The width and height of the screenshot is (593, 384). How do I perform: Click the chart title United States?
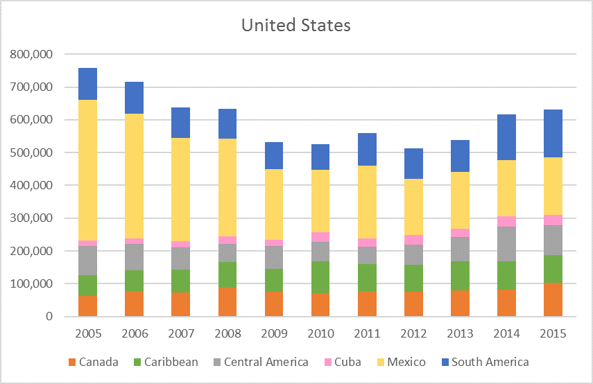(x=296, y=26)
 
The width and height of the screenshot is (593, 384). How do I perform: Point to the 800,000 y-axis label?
(x=34, y=54)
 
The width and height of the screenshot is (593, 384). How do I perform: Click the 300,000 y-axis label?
(x=34, y=218)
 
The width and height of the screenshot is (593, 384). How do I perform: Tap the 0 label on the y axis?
(x=49, y=317)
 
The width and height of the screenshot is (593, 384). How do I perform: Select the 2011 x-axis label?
(x=366, y=333)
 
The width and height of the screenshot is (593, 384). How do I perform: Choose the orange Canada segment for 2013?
(x=460, y=304)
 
